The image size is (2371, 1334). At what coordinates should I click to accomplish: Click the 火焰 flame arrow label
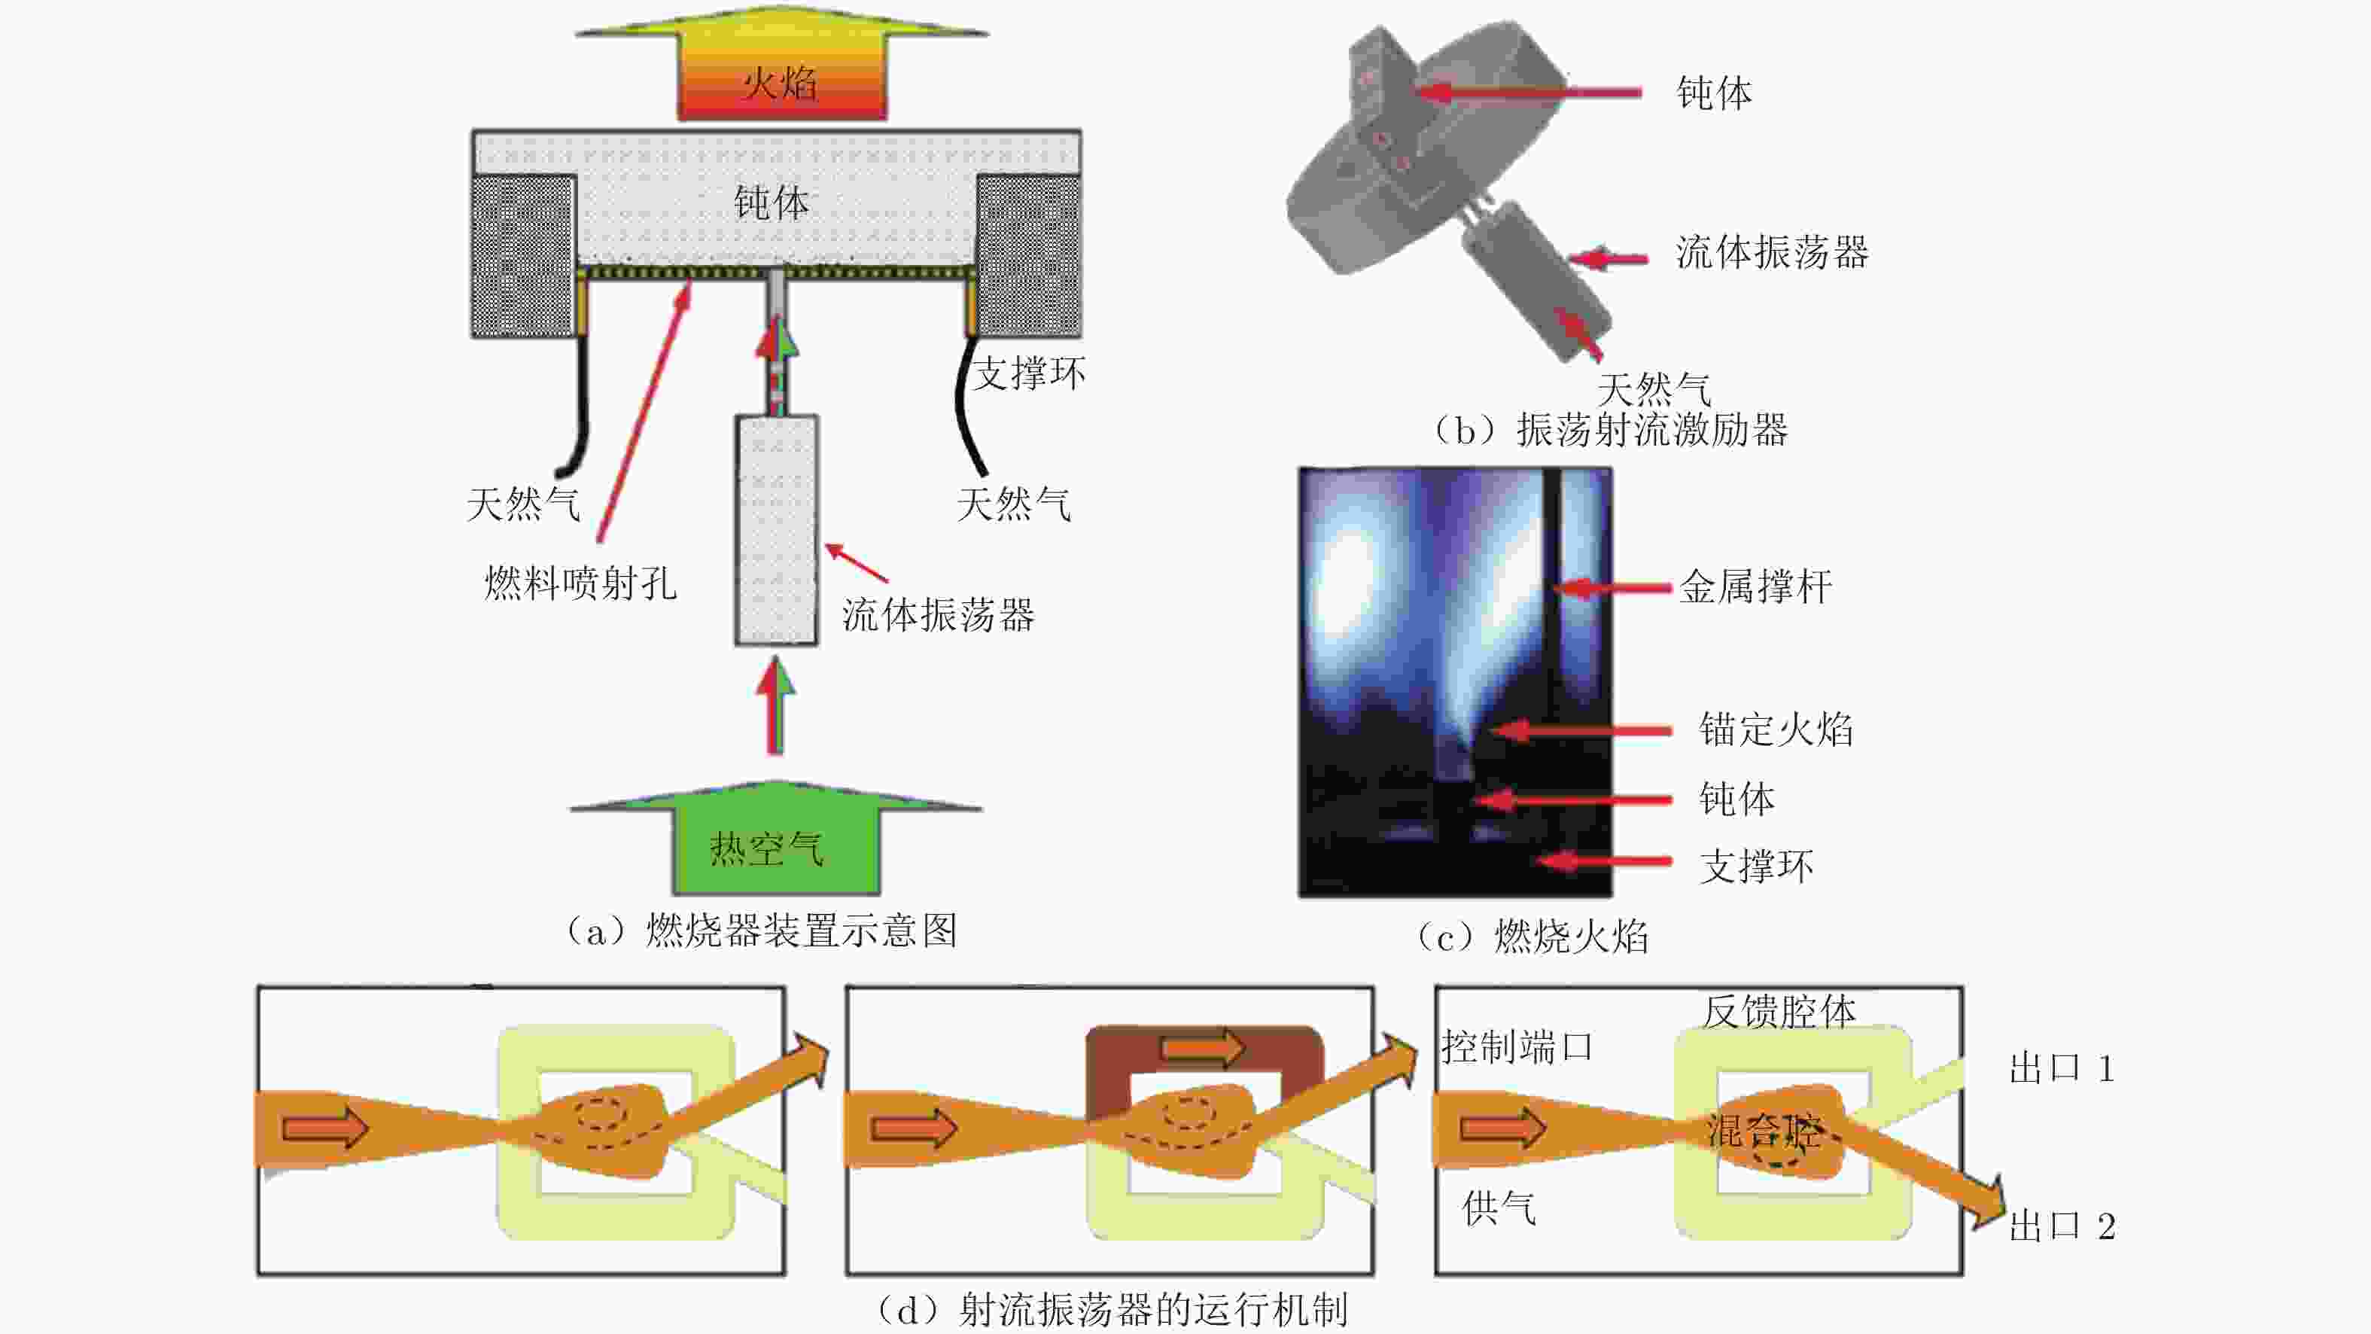(780, 84)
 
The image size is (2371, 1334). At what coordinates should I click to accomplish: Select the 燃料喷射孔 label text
(581, 583)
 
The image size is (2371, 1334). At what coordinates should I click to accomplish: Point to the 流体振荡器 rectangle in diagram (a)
(776, 530)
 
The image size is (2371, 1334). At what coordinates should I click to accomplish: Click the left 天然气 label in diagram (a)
(523, 504)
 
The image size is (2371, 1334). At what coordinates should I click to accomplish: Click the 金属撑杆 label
(1755, 587)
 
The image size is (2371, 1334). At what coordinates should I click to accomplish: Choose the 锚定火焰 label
(1776, 729)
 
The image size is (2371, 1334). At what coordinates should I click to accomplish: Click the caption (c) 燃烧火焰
(1532, 937)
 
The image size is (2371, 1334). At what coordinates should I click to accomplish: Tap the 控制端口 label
(1517, 1046)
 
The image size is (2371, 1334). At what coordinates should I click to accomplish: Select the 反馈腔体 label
(1778, 1012)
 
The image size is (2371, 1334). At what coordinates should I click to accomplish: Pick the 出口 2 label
(2062, 1226)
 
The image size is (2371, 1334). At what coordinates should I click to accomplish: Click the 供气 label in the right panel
(1499, 1208)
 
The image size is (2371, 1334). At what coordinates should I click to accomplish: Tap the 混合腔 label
(1764, 1131)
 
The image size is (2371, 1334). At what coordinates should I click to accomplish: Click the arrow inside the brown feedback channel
(1203, 1048)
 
